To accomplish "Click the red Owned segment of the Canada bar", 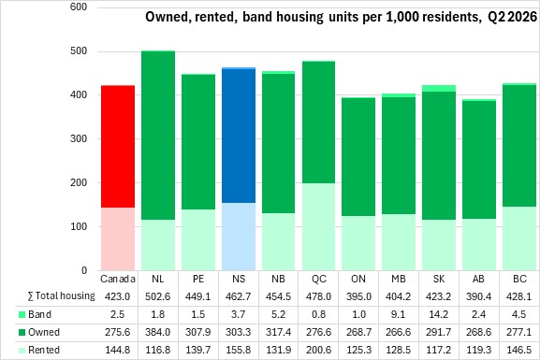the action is coord(118,147).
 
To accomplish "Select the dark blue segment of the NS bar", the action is coord(239,136).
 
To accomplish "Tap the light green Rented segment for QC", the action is coord(318,226).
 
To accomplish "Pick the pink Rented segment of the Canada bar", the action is coord(118,238).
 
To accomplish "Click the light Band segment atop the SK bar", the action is coord(439,89).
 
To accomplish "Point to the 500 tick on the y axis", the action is coord(79,50).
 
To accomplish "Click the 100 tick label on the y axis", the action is coord(79,226).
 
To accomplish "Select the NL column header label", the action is coord(158,279).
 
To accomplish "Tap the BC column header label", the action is coord(519,279).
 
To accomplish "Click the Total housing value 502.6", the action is coord(158,296).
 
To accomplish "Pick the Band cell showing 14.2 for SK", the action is coord(439,314).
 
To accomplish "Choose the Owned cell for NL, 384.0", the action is coord(158,332).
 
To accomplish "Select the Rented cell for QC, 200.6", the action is coord(318,350).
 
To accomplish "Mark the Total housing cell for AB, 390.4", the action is coord(478,296).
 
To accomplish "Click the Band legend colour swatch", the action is coord(22,314).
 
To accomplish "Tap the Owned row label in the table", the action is coord(44,332).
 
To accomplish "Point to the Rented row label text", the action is coord(44,350).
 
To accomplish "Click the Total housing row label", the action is coord(62,296).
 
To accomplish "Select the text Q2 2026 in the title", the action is coord(513,17).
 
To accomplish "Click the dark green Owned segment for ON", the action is coord(358,157).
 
